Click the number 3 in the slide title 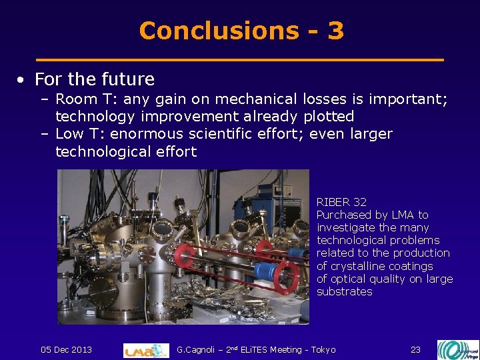pyautogui.click(x=335, y=31)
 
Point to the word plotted pyautogui.click(x=329, y=116)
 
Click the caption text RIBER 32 pyautogui.click(x=341, y=201)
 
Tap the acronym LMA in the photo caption pyautogui.click(x=402, y=215)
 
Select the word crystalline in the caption pyautogui.click(x=359, y=266)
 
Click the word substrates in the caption pyautogui.click(x=344, y=291)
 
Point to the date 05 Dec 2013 pyautogui.click(x=66, y=349)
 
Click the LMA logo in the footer pyautogui.click(x=146, y=349)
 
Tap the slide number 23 pyautogui.click(x=415, y=349)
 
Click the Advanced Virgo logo pyautogui.click(x=457, y=349)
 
